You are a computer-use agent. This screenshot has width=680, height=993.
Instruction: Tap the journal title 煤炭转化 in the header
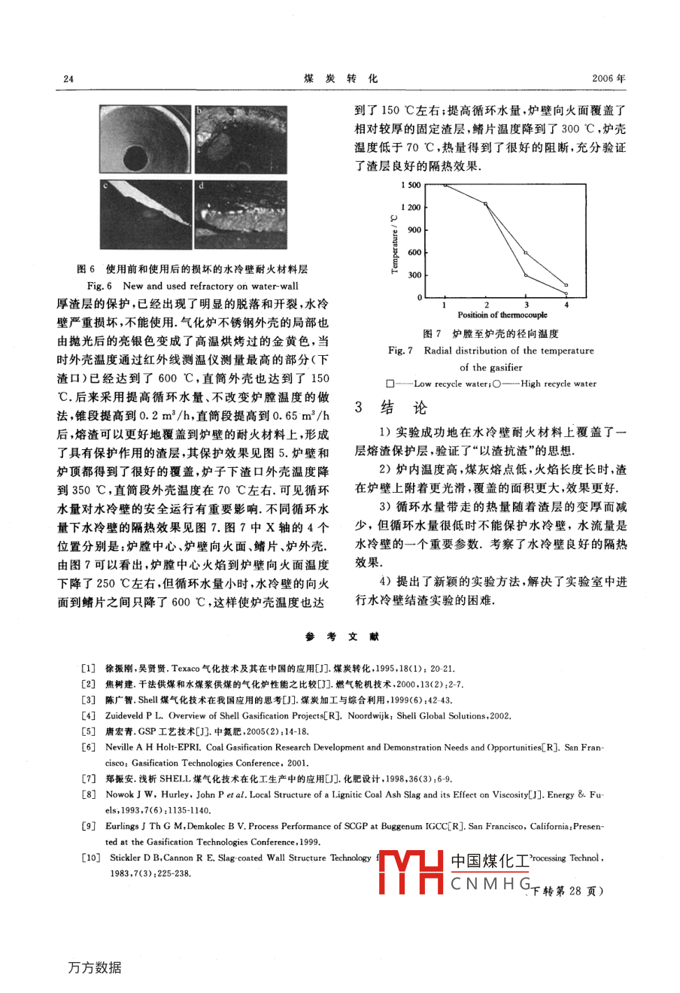(x=341, y=78)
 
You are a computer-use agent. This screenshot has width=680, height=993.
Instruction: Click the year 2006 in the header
(x=609, y=78)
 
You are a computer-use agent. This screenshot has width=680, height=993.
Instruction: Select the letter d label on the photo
(x=201, y=185)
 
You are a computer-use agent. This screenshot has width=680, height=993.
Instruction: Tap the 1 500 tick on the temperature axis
(x=411, y=185)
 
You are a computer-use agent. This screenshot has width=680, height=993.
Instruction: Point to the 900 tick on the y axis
(x=414, y=230)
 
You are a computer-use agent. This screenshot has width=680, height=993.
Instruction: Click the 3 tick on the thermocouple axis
(x=526, y=305)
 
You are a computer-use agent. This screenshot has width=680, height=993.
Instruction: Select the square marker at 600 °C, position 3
(x=526, y=253)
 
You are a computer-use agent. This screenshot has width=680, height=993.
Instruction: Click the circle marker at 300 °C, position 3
(x=526, y=275)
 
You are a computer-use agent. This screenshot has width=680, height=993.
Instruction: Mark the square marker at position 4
(x=566, y=285)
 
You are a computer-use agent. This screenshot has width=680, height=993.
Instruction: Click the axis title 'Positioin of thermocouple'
(x=502, y=315)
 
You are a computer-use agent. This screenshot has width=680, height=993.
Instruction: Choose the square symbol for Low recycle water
(x=389, y=384)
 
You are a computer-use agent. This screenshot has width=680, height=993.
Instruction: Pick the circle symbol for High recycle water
(x=495, y=384)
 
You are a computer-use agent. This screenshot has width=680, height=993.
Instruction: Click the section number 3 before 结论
(x=359, y=408)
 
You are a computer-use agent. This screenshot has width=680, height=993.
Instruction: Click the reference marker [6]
(x=89, y=748)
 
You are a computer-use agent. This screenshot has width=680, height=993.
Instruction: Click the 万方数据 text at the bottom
(x=95, y=967)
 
